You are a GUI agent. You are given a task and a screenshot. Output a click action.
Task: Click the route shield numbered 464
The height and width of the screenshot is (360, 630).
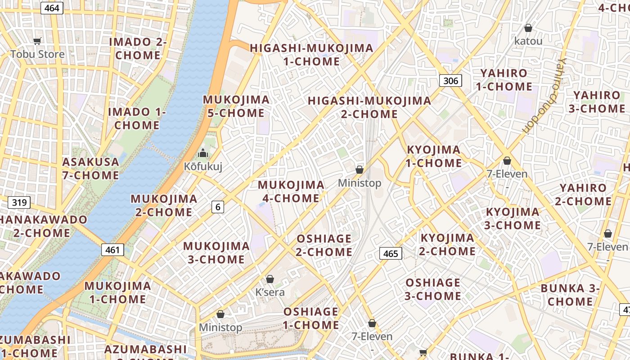52,8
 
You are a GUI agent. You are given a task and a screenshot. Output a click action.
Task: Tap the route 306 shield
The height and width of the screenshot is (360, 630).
450,81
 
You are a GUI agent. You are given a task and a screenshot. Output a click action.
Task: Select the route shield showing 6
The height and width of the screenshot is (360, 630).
218,207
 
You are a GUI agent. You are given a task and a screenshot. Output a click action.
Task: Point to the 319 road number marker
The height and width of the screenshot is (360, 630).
19,202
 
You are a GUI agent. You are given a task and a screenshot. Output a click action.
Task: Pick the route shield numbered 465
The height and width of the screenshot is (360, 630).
390,253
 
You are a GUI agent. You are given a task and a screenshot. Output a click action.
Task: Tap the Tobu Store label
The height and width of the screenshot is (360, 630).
38,54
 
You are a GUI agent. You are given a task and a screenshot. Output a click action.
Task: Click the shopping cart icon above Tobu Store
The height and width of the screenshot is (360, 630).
37,41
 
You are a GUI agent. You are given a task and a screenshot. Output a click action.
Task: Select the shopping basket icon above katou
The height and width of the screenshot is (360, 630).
528,28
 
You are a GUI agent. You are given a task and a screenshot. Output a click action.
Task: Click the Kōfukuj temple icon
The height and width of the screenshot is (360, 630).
203,153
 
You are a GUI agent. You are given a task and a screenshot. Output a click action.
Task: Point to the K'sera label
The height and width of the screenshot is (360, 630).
270,292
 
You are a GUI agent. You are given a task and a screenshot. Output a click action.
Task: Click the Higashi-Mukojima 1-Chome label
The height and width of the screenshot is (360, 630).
311,54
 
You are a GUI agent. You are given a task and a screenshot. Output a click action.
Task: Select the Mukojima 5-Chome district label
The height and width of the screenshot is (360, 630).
236,106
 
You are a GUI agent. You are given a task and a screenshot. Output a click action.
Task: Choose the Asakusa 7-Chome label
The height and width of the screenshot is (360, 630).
91,168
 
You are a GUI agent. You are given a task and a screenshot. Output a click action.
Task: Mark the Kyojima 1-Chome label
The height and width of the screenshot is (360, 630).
434,156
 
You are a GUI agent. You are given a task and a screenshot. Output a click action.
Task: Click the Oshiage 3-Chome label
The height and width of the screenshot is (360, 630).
433,289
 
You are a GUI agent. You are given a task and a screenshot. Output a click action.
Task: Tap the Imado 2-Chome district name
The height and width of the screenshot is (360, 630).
138,49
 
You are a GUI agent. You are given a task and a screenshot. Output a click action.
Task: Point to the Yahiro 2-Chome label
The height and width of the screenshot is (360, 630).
583,194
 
